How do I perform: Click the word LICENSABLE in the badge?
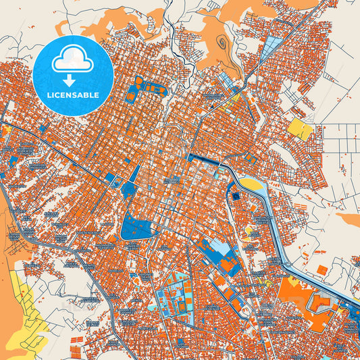pyautogui.click(x=73, y=95)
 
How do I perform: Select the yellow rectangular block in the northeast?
pyautogui.click(x=301, y=128)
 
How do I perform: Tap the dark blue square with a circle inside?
pyautogui.click(x=236, y=197)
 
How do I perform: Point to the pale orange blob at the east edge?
pyautogui.click(x=347, y=220)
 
